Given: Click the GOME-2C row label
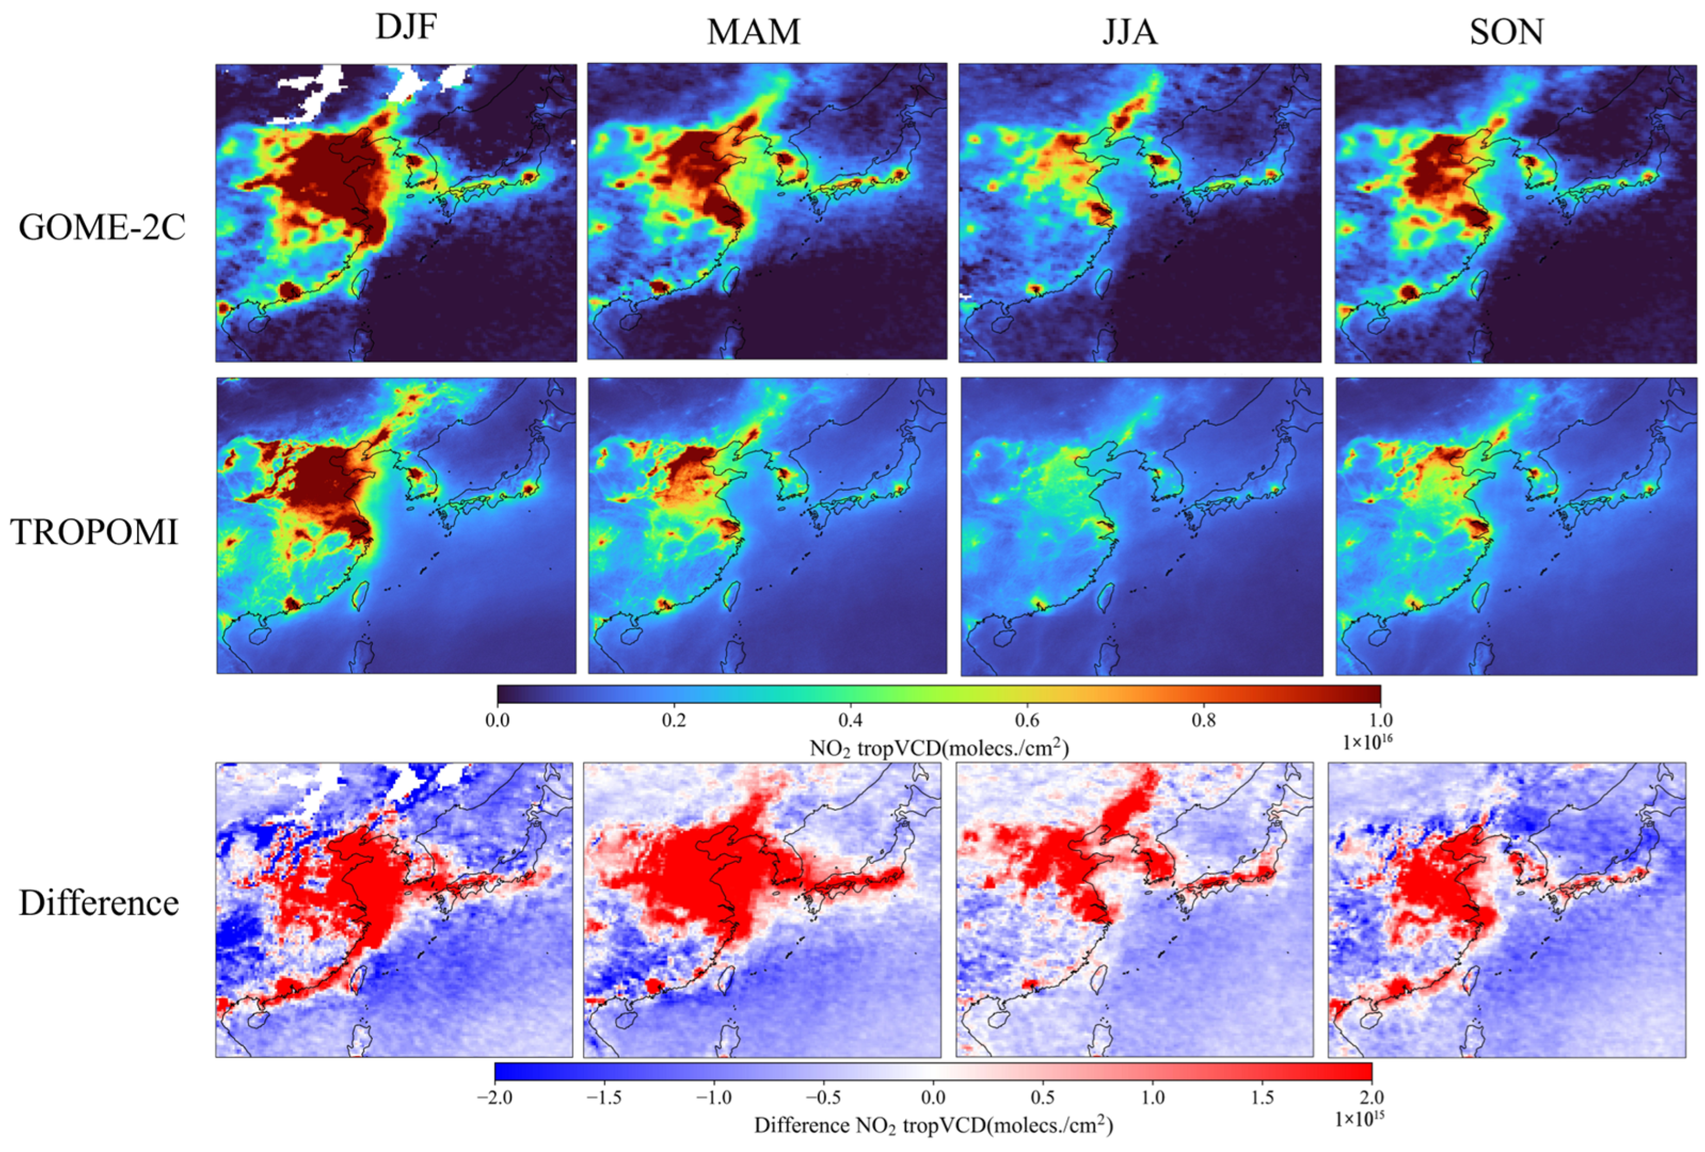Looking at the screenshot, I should point(102,228).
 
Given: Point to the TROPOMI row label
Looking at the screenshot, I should point(95,533).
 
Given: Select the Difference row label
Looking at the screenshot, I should point(99,903).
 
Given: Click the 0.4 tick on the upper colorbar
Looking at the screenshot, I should point(851,720).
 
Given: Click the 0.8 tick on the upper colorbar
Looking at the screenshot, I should point(1204,720).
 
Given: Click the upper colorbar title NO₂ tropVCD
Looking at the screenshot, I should point(939,748).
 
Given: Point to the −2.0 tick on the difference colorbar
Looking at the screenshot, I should point(495,1098).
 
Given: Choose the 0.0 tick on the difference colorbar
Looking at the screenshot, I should point(933,1098).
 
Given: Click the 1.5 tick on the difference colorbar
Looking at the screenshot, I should point(1262,1098).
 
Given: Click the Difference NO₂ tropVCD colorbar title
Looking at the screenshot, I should point(933,1126).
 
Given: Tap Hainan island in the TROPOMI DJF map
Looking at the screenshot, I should point(258,636).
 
